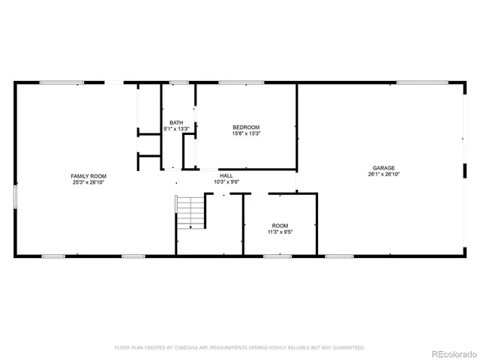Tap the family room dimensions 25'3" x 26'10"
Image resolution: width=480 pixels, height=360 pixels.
click(x=88, y=181)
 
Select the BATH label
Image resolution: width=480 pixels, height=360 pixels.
click(x=176, y=123)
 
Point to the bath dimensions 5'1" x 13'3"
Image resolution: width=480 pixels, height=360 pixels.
click(x=176, y=129)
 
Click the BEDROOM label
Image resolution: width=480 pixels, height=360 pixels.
click(x=246, y=127)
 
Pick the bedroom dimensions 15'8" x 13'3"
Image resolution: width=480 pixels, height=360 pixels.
click(x=246, y=133)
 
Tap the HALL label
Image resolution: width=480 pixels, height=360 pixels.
click(x=226, y=175)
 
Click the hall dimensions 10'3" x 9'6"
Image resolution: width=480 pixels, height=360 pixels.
click(x=226, y=181)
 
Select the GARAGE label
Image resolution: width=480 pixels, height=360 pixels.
click(x=384, y=168)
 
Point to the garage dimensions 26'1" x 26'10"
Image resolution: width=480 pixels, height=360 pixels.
click(x=384, y=174)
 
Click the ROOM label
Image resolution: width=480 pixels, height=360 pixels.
click(x=280, y=226)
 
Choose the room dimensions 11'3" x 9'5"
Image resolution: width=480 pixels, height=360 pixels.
click(x=280, y=232)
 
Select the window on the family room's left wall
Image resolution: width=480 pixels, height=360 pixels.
click(x=15, y=196)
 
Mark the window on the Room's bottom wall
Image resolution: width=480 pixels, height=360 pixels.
click(x=277, y=256)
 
